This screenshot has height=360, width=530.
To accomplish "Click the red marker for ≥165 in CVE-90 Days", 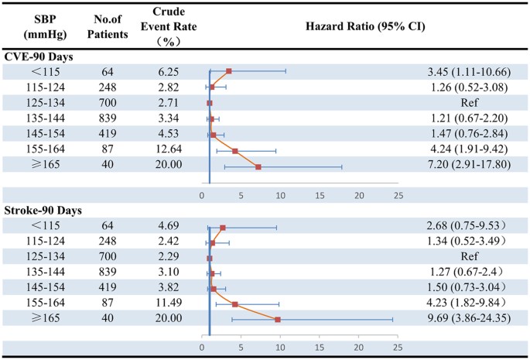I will [258, 166].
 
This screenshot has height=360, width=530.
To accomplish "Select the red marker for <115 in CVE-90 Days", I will [229, 71].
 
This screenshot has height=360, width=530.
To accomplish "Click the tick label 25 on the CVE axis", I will [398, 195].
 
